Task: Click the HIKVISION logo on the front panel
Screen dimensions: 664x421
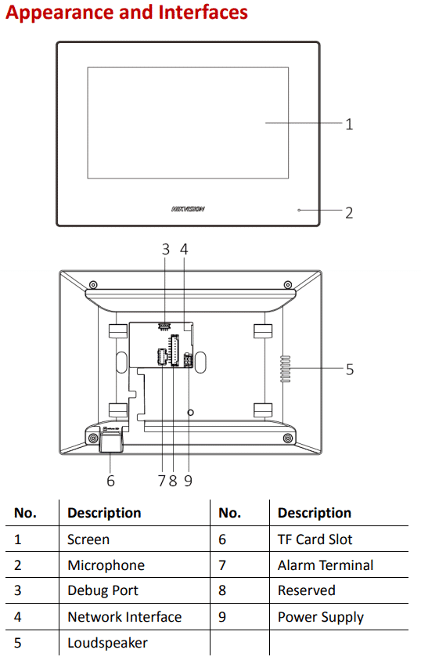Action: [x=188, y=209]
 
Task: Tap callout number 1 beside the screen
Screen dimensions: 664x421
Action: [x=349, y=124]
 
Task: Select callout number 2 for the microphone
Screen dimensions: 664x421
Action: [x=349, y=212]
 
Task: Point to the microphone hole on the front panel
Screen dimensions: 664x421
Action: [x=299, y=211]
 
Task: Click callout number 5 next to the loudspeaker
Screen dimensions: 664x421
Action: [x=349, y=369]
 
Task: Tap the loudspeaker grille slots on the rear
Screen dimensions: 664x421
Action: [x=286, y=369]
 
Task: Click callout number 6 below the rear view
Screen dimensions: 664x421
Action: [x=110, y=481]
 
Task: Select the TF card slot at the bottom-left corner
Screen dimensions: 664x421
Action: [x=110, y=444]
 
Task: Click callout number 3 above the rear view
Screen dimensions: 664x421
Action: [x=166, y=250]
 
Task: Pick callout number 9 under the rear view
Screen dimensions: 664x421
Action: [x=188, y=481]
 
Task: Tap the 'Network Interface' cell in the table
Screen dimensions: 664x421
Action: [x=124, y=616]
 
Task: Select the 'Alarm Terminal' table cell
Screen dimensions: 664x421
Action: [x=325, y=565]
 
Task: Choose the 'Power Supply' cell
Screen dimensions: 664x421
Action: [x=320, y=616]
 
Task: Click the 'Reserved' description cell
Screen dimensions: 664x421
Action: [x=306, y=590]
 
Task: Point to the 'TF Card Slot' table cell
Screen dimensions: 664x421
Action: [x=315, y=539]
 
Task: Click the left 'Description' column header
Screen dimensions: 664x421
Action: [x=104, y=513]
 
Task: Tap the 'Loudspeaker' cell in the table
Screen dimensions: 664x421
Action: [x=107, y=642]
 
